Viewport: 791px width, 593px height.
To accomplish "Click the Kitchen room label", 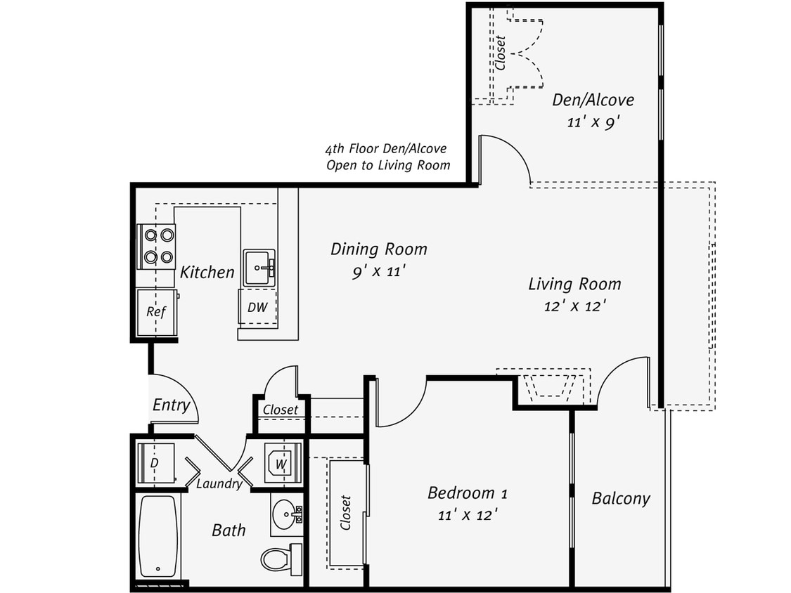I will click(x=207, y=272).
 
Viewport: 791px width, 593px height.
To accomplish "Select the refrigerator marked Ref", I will click(x=155, y=312).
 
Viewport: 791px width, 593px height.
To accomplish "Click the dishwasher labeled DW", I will click(x=257, y=307).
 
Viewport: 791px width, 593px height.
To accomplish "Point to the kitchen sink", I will click(x=259, y=267).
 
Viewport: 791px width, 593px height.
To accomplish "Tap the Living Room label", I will click(x=574, y=284).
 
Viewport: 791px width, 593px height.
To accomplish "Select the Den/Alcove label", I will click(x=592, y=100).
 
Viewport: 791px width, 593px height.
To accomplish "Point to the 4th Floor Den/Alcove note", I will click(x=387, y=157).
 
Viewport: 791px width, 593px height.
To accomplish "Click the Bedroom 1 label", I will click(x=467, y=493).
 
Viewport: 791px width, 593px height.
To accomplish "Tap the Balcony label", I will click(x=620, y=498).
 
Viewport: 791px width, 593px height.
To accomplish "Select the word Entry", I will click(x=171, y=405).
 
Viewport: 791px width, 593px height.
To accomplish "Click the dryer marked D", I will click(x=155, y=463).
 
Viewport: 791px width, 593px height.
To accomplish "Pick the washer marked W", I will click(x=283, y=463).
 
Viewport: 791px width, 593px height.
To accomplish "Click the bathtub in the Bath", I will click(x=158, y=536).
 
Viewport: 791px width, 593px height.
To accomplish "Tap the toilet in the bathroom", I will click(x=281, y=559).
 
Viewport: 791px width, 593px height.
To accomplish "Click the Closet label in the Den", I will click(x=501, y=53).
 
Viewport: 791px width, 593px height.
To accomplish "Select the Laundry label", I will click(x=219, y=483).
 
